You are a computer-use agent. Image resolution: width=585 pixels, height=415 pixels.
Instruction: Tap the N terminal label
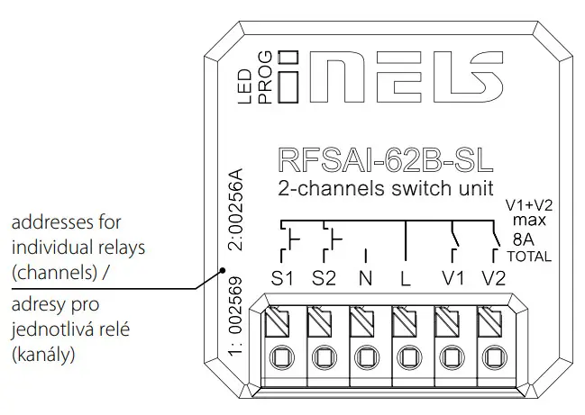pos(365,278)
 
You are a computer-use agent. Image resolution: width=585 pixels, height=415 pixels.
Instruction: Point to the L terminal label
pos(406,278)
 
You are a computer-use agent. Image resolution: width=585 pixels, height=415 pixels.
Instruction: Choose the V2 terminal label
pos(494,278)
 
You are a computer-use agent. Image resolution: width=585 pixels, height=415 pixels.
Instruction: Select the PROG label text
pos(266,77)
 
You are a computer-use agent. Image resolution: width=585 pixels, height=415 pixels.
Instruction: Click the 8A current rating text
pos(522,239)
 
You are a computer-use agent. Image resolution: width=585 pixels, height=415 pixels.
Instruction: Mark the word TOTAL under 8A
pos(529,256)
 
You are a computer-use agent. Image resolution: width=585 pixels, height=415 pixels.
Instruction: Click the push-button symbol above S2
pos(334,239)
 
